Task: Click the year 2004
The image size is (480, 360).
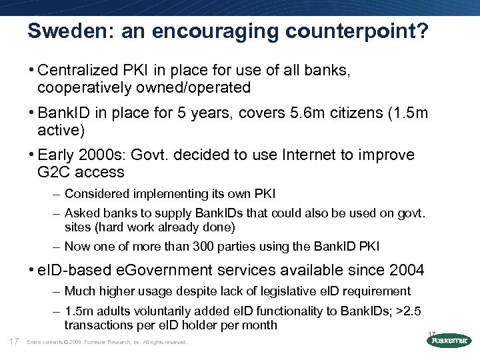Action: [405, 270]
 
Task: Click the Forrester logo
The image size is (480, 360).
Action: [448, 340]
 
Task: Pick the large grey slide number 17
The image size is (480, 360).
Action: [13, 341]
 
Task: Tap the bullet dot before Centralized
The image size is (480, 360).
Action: [33, 70]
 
